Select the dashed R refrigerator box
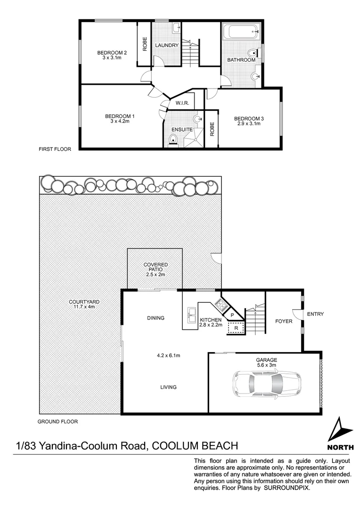coord(235,327)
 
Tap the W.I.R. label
coord(182,103)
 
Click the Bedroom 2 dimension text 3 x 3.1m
coord(112,58)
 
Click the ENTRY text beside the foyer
coord(315,314)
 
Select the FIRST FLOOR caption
coord(55,149)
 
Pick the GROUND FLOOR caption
coord(58,422)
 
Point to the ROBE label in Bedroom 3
coord(212,129)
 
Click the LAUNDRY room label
coord(167,45)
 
